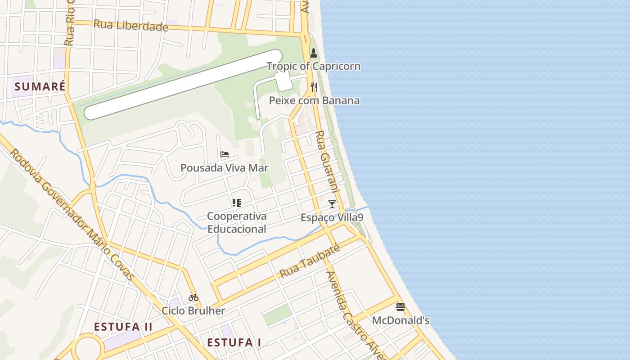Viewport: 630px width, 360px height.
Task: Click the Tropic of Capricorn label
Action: tap(313, 66)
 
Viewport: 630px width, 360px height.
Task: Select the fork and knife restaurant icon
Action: tap(314, 87)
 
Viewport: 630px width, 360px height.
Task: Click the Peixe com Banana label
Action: tap(314, 100)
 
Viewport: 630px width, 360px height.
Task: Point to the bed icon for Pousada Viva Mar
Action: tap(225, 154)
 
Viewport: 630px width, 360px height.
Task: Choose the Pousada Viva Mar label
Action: tap(224, 168)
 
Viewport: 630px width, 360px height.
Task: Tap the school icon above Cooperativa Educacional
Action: tap(237, 203)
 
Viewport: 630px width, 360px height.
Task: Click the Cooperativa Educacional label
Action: tap(237, 222)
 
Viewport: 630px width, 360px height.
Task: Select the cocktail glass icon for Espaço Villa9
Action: tap(332, 204)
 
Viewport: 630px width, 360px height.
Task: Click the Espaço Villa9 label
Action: tap(332, 218)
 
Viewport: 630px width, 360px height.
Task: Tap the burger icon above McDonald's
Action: tap(400, 307)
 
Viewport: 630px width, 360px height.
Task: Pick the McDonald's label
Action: tap(400, 321)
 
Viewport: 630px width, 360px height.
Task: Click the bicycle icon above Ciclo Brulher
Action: tap(193, 297)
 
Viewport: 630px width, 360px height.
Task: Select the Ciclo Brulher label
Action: tap(193, 311)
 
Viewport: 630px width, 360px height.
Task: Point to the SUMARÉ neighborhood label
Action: tap(40, 86)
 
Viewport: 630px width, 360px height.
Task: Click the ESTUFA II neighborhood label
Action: tap(123, 327)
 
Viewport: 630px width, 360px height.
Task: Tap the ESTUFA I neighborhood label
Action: tap(234, 342)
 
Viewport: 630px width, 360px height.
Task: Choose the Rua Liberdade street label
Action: tap(130, 26)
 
